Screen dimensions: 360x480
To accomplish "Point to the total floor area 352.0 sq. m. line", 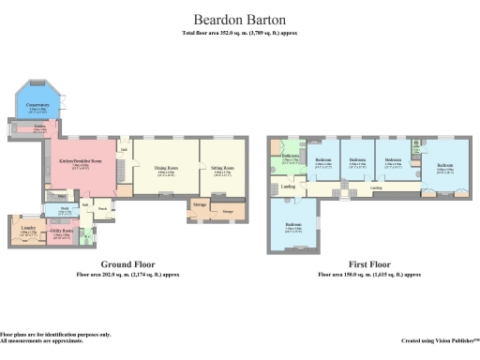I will (239, 34).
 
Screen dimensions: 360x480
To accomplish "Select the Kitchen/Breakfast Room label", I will (80, 161).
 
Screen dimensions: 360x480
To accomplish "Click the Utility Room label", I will (62, 231).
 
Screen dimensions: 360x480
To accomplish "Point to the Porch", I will (102, 208).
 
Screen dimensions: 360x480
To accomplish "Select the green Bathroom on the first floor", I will (290, 160).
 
